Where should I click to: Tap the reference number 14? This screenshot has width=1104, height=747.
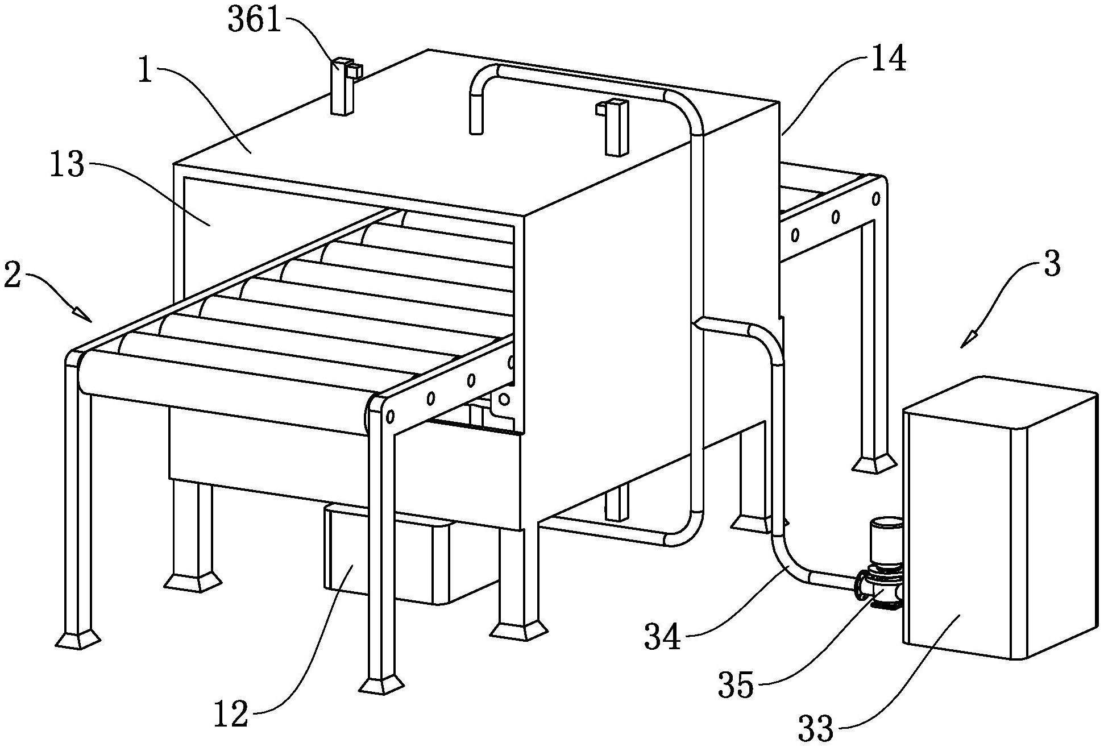[888, 59]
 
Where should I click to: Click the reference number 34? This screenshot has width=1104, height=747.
[663, 637]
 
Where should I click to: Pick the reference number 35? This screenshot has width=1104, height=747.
[736, 685]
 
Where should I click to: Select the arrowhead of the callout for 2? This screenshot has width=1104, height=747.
[84, 314]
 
